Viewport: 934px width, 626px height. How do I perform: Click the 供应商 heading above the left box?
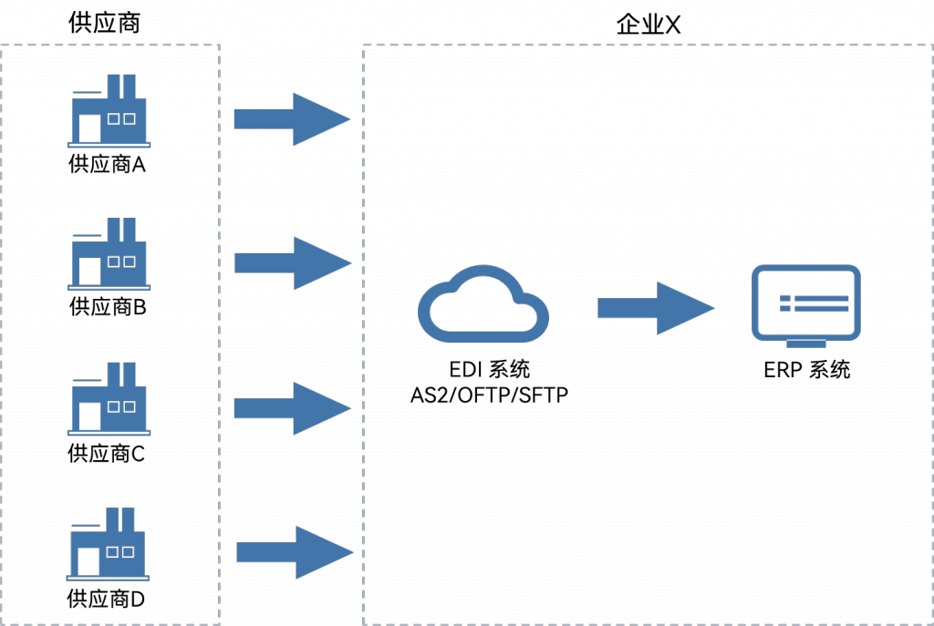tap(104, 23)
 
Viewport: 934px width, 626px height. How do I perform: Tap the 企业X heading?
tap(649, 25)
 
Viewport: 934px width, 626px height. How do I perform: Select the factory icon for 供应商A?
tap(109, 110)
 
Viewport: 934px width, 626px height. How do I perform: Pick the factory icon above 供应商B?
tap(109, 254)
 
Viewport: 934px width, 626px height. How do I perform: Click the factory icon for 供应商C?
tap(109, 399)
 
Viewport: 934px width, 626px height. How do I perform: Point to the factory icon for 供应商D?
tap(108, 544)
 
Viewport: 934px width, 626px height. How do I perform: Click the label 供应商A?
tap(108, 164)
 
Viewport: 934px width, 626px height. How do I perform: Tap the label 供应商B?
tap(108, 307)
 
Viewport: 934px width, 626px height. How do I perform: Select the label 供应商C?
tap(106, 454)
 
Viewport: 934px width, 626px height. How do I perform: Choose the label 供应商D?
tap(106, 599)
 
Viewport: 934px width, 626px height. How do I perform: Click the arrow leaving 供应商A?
tap(292, 119)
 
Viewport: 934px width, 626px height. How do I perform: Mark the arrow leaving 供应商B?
tap(293, 263)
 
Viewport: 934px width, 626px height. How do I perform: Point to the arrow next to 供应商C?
tap(293, 408)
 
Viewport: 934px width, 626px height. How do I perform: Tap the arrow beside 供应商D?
tap(295, 552)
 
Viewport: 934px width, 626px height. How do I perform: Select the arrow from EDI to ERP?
tap(656, 308)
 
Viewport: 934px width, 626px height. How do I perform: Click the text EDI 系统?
tap(489, 370)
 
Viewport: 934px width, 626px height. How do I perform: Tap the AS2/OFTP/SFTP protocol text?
tap(489, 395)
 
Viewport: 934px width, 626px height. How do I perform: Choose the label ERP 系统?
tap(806, 370)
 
